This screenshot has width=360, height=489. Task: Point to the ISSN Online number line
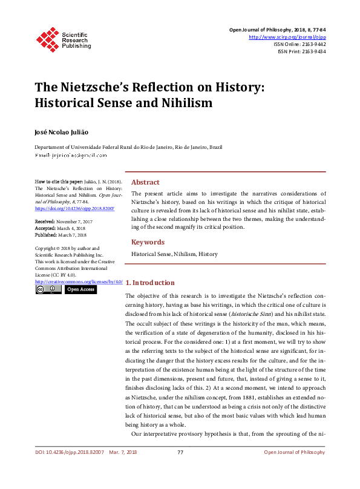[299, 44]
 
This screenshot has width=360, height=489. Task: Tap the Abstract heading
[145, 182]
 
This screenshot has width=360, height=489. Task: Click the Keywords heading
[148, 242]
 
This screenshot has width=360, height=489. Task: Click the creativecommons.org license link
[79, 281]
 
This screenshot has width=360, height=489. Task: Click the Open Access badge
[80, 290]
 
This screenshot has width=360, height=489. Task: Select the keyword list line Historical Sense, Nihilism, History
[174, 254]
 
